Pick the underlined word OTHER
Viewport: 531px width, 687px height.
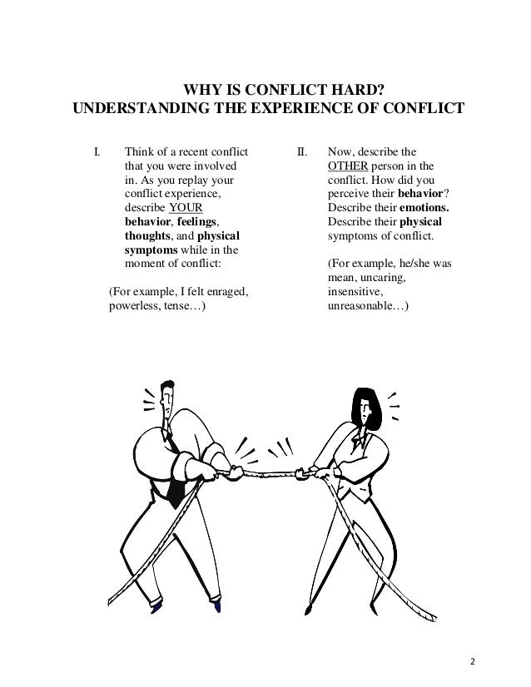point(346,166)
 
